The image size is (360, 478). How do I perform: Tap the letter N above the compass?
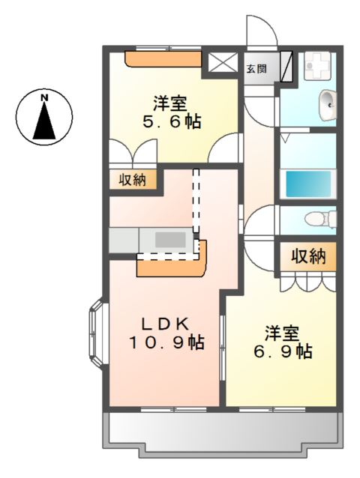tap(44, 97)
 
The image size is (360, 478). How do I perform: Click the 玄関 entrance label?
tap(256, 69)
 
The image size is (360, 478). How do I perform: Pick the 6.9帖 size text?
tap(283, 351)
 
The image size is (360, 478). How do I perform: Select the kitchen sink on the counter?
tap(170, 240)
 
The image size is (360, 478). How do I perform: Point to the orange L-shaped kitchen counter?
tap(172, 264)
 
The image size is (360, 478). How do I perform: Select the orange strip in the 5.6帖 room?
tap(163, 58)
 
